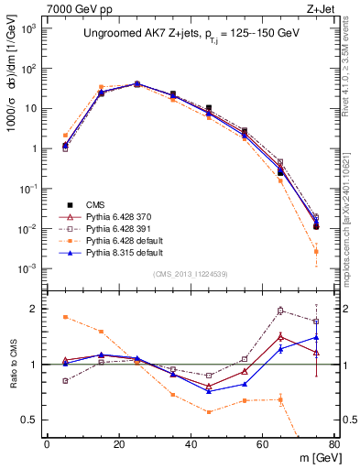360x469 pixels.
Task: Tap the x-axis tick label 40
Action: tap(191, 444)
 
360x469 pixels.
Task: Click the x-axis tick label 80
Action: tap(334, 444)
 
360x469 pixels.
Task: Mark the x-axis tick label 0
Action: tap(47, 444)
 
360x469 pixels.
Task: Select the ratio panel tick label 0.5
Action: tap(29, 420)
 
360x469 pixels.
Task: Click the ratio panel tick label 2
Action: tap(34, 309)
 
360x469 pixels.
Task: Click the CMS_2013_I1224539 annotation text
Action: tap(190, 274)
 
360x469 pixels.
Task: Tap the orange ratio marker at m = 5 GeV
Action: tap(65, 317)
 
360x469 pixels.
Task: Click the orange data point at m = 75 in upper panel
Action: tap(316, 251)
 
